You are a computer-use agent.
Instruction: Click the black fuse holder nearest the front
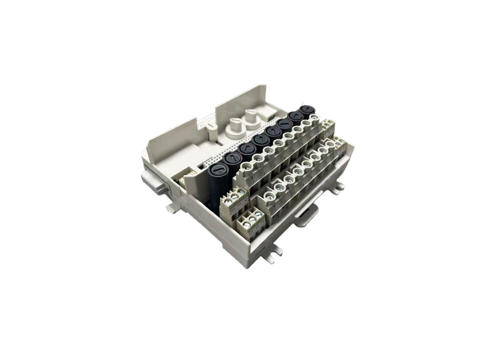[x=217, y=171]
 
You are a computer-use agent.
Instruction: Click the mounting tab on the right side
[x=339, y=186]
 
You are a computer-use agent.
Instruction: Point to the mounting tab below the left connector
[x=173, y=207]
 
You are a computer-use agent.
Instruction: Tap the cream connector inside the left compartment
[x=188, y=176]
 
